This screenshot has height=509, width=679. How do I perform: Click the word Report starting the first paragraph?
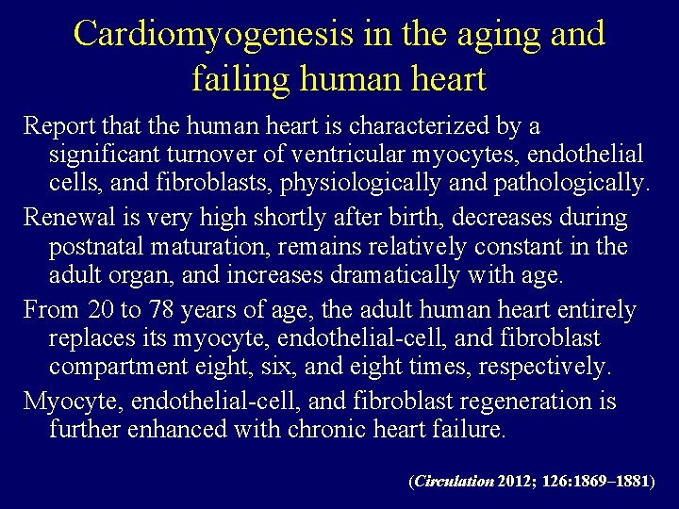[x=57, y=125]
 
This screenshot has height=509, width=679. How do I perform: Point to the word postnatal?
[x=92, y=246]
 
